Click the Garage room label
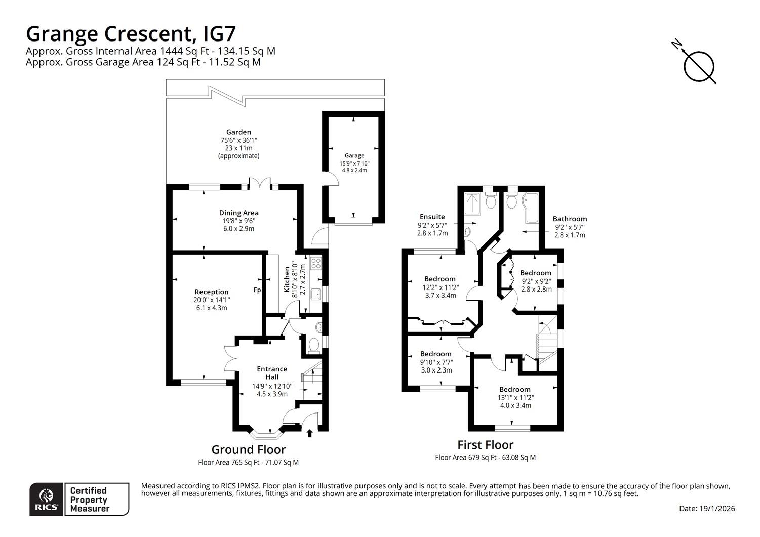tap(354, 155)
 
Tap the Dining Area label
tap(238, 213)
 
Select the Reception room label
tap(211, 292)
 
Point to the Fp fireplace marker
tap(257, 290)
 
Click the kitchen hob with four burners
tap(316, 263)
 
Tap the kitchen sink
tap(316, 294)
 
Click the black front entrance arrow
tap(309, 434)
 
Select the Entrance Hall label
tap(272, 373)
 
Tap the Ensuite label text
tap(432, 217)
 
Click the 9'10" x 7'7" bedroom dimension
tap(436, 362)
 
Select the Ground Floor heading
tap(249, 449)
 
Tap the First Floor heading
tap(485, 444)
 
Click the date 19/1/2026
tap(717, 509)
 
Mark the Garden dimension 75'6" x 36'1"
tap(238, 140)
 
